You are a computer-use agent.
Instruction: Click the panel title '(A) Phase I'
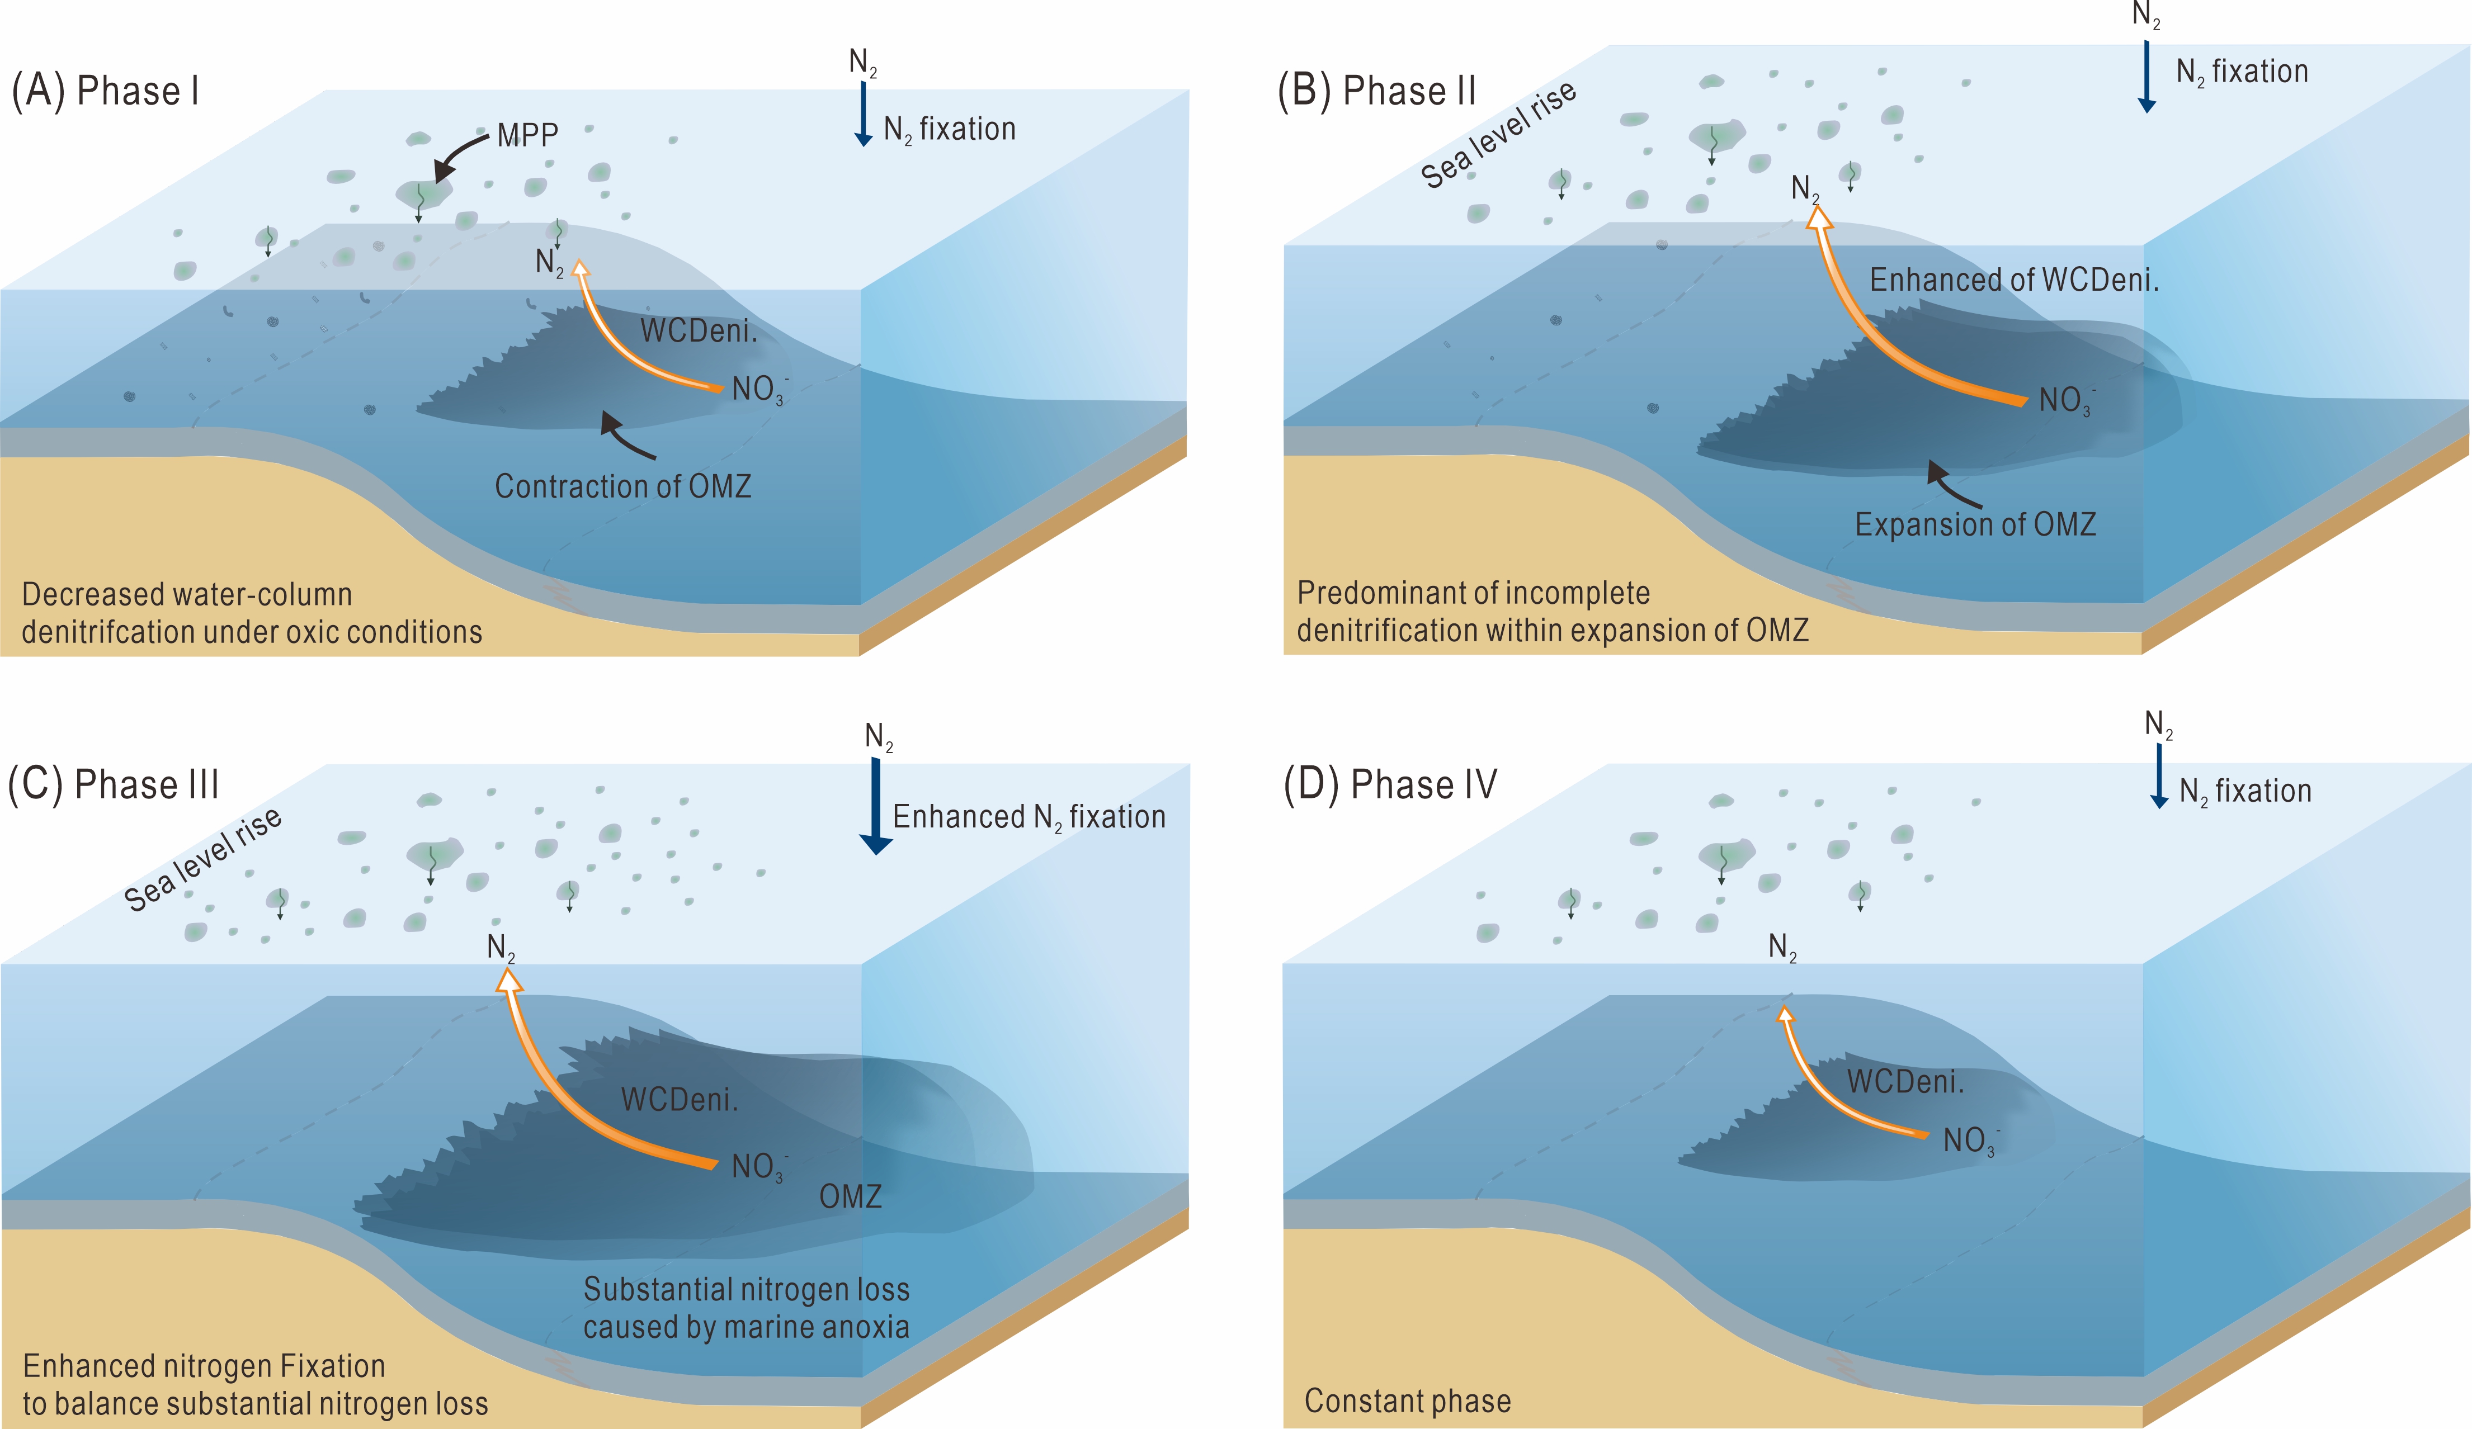click(x=105, y=91)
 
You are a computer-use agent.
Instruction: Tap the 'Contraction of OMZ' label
click(x=623, y=486)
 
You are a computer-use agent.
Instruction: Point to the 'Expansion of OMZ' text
click(x=1975, y=525)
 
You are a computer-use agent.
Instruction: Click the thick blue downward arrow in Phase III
click(x=876, y=805)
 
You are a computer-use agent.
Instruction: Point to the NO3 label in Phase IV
click(x=1970, y=1141)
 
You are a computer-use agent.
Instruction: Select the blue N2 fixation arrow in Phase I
click(x=863, y=113)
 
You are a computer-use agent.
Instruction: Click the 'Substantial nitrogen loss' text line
click(x=747, y=1290)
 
